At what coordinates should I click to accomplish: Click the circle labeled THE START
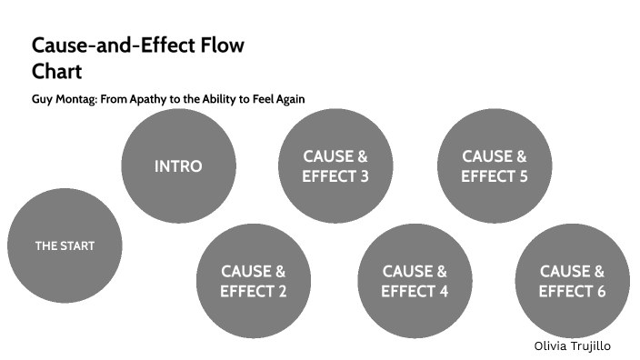pyautogui.click(x=65, y=245)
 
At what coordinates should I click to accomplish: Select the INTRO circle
pyautogui.click(x=178, y=166)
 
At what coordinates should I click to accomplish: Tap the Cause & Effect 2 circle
pyautogui.click(x=254, y=281)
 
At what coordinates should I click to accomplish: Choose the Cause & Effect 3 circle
pyautogui.click(x=335, y=166)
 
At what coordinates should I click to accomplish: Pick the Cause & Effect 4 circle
pyautogui.click(x=415, y=281)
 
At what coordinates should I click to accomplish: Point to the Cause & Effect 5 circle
pyautogui.click(x=494, y=166)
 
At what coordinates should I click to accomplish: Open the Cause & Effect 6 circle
pyautogui.click(x=572, y=281)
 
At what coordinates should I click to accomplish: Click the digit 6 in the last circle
pyautogui.click(x=600, y=292)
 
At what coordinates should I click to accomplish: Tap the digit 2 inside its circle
pyautogui.click(x=282, y=292)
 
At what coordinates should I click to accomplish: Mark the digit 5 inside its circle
pyautogui.click(x=523, y=176)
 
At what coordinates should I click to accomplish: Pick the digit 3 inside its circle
pyautogui.click(x=364, y=176)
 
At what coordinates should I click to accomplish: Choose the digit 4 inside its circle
pyautogui.click(x=443, y=292)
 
